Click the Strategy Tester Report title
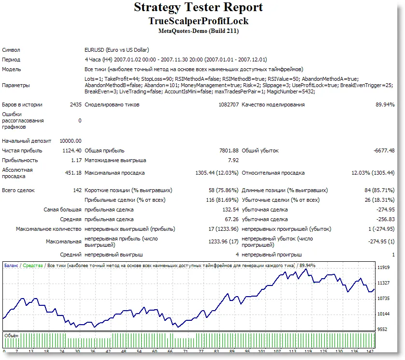click(x=198, y=8)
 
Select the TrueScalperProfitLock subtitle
click(x=198, y=21)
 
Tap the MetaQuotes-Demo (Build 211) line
click(x=198, y=31)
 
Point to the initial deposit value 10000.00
click(x=71, y=141)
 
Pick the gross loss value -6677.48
click(x=384, y=150)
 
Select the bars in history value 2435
click(x=76, y=105)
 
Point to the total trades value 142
click(x=77, y=190)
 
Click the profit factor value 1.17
click(x=76, y=160)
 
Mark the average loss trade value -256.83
click(x=385, y=219)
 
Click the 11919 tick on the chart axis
click(x=383, y=267)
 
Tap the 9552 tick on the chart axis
click(x=382, y=329)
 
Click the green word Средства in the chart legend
click(x=33, y=265)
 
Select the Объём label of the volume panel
click(x=11, y=335)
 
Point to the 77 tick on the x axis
click(x=188, y=352)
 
